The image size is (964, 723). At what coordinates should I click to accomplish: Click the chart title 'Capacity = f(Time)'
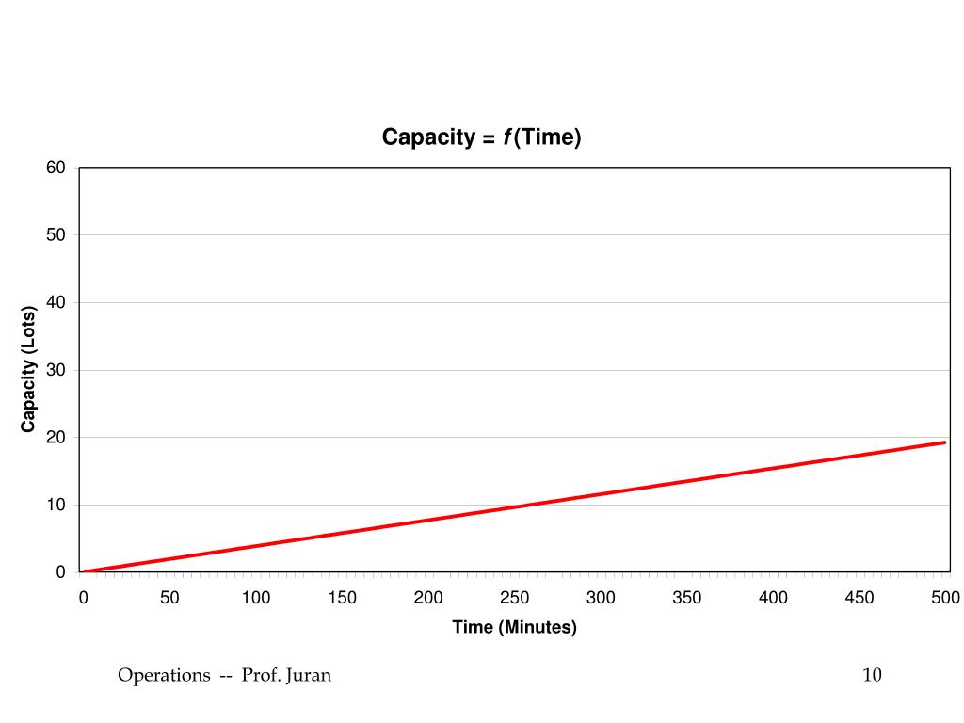481,137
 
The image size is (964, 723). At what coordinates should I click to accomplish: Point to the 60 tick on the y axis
56,168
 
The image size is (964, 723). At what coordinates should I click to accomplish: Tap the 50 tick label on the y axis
56,235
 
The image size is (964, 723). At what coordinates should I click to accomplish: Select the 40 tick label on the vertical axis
56,303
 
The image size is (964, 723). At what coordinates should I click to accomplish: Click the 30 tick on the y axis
56,370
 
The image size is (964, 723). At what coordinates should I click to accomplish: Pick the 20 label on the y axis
56,438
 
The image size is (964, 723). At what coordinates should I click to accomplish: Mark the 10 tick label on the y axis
56,506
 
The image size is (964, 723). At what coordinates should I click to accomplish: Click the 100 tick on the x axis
256,598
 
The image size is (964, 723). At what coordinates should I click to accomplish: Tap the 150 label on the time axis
342,598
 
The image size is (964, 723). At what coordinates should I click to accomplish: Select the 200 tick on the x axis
428,598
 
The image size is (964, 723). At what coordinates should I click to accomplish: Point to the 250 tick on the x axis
515,598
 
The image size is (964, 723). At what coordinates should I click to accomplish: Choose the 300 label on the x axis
601,598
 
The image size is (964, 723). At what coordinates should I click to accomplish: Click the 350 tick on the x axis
687,598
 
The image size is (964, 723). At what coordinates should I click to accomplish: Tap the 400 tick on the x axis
774,598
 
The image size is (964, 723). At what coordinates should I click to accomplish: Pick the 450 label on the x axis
860,598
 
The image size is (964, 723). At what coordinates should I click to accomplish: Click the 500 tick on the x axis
945,598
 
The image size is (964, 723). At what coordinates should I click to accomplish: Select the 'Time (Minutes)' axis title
514,627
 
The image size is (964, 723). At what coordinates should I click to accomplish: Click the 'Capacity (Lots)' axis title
28,370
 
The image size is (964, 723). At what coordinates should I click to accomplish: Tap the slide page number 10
872,675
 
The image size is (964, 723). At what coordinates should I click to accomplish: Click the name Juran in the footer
309,675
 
